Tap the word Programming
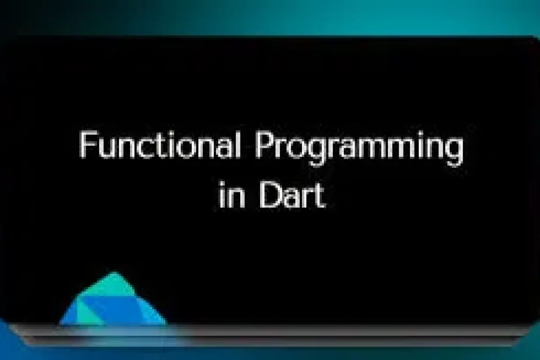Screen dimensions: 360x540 pyautogui.click(x=359, y=146)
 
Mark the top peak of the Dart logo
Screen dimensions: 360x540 pyautogui.click(x=114, y=273)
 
